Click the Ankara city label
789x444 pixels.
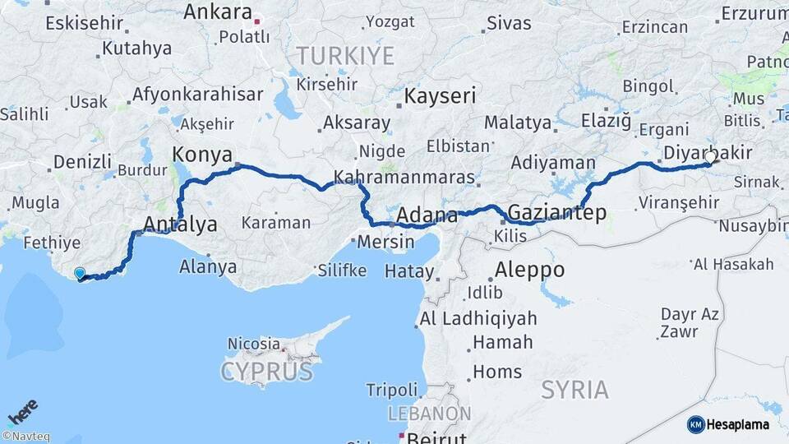point(217,12)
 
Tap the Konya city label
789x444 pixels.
point(201,154)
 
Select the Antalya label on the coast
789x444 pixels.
point(180,224)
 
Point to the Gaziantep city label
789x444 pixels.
point(557,213)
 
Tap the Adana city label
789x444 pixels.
point(427,215)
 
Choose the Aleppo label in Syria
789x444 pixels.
point(530,269)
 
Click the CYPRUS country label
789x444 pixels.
point(266,371)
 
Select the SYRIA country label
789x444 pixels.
point(574,389)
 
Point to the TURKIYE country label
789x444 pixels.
point(345,56)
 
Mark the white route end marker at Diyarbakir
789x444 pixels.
point(710,155)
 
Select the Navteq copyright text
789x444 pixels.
point(25,437)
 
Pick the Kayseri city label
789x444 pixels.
point(440,96)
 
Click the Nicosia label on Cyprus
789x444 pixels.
point(254,343)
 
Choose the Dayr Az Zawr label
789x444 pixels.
point(690,323)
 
